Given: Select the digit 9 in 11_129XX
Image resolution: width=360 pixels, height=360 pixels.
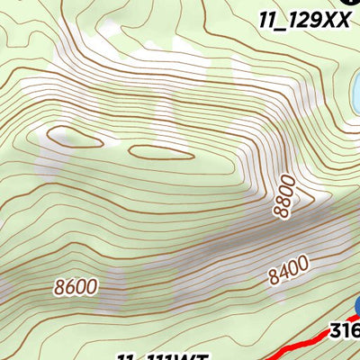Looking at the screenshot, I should click(x=316, y=19).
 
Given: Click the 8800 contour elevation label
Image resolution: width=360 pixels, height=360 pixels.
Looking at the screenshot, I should click(x=284, y=196).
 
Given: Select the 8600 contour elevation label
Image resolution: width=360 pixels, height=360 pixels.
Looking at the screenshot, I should click(x=76, y=288).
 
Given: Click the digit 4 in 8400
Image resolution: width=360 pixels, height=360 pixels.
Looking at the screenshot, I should click(x=283, y=272).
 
